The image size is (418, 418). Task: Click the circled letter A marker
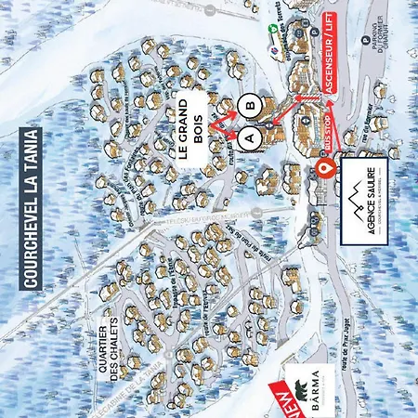click(248, 136)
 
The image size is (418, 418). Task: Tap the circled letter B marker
click(249, 106)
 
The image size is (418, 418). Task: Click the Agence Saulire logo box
click(359, 205)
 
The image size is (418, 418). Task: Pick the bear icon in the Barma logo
click(303, 387)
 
